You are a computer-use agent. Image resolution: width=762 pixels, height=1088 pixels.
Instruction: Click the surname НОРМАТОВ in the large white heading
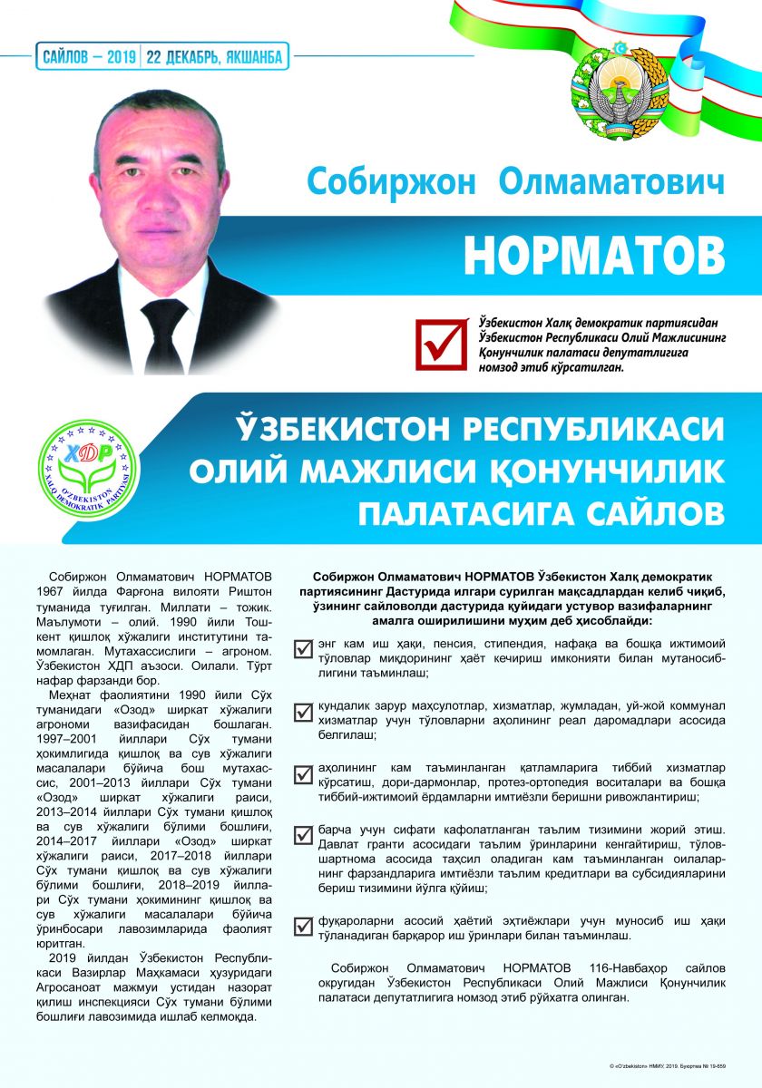pos(594,257)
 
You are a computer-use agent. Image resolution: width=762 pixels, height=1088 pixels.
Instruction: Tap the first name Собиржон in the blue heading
pos(391,180)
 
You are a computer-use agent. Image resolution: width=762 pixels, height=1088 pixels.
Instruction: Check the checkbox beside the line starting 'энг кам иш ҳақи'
pos(303,647)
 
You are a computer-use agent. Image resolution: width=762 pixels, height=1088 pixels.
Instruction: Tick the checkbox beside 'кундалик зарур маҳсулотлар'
pos(303,711)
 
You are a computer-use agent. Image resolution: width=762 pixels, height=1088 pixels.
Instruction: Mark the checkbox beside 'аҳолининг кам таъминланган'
pos(303,774)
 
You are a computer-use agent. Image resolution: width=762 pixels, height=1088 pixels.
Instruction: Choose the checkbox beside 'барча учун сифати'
pos(303,836)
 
